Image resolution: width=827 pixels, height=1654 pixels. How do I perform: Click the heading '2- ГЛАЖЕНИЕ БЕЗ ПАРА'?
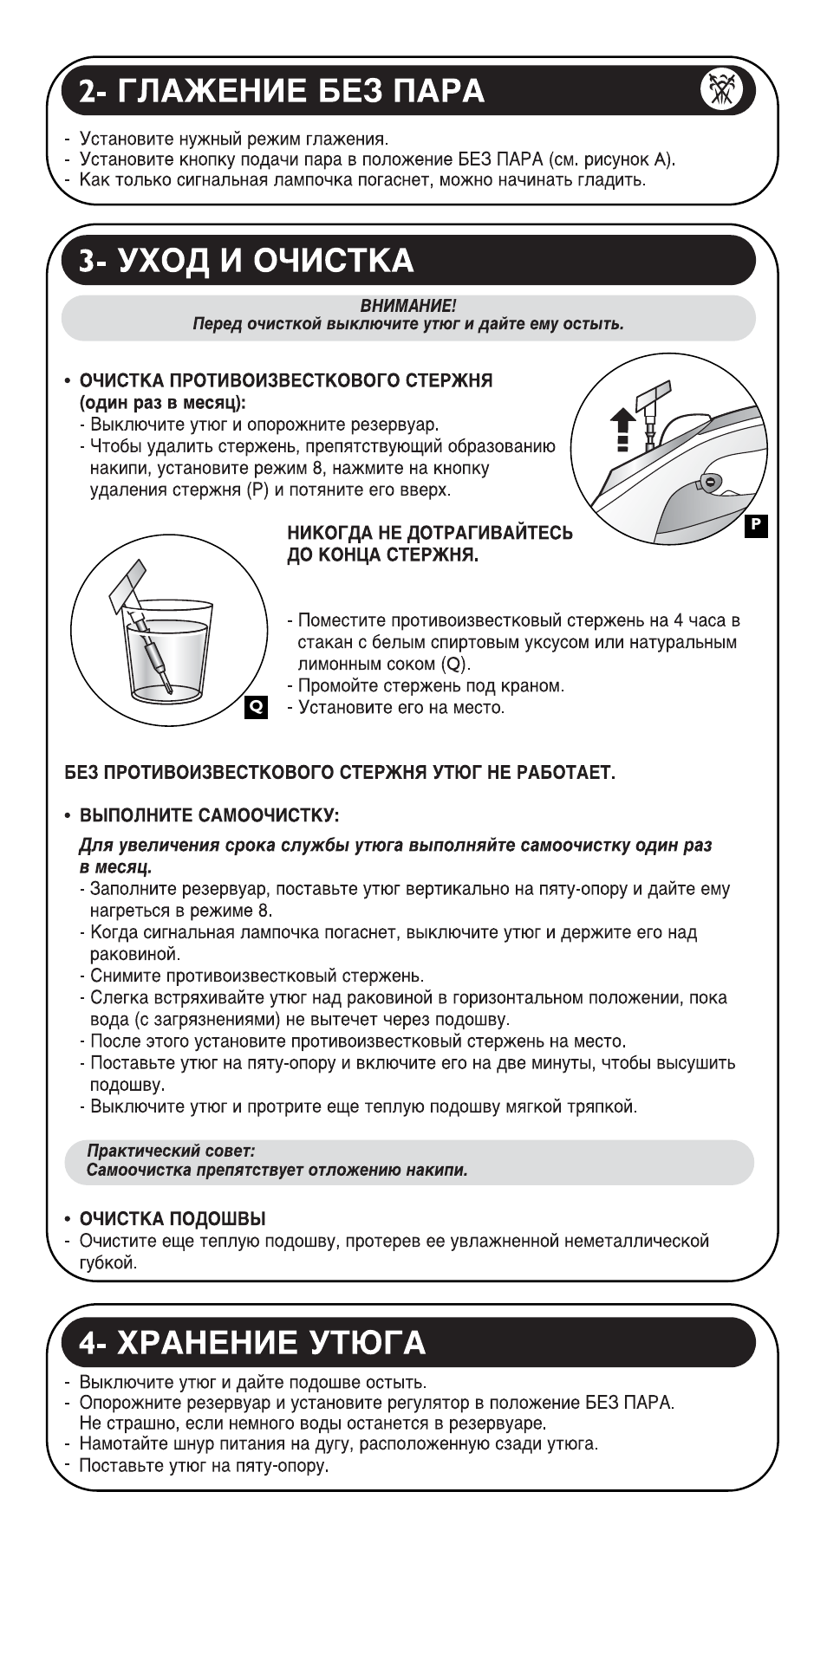tap(281, 91)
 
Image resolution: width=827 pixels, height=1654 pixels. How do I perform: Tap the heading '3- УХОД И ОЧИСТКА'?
tap(245, 261)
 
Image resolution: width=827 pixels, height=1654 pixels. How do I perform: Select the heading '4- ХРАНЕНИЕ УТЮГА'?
tap(251, 1342)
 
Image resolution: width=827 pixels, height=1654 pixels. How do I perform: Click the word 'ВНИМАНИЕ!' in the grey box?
tap(407, 306)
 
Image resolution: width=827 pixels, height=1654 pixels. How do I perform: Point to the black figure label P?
tap(756, 525)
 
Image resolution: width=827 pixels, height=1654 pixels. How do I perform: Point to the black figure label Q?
tap(257, 706)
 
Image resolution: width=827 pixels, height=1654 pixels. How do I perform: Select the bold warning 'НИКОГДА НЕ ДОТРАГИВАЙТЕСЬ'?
tap(430, 533)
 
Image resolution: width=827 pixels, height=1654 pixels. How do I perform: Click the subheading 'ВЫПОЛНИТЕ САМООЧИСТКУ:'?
tap(209, 815)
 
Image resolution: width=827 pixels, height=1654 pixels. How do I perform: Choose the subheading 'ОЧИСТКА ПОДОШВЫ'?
tap(173, 1218)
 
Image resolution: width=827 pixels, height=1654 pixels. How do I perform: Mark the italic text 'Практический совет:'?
tap(171, 1151)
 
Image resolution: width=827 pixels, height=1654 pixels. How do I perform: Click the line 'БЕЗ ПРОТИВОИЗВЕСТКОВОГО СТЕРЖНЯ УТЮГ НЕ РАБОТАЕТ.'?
tap(340, 772)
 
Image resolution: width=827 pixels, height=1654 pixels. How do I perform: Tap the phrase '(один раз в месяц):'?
tap(163, 403)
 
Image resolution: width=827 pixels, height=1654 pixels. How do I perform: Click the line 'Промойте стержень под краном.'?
tap(431, 685)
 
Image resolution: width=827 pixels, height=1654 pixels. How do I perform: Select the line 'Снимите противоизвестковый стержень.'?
tap(257, 976)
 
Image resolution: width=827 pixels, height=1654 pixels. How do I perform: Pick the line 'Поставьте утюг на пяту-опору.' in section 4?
tap(204, 1465)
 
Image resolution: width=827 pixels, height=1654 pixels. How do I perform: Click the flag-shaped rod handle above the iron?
tap(652, 398)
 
